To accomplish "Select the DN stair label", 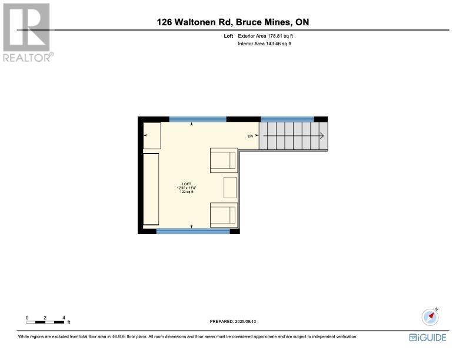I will (250, 136).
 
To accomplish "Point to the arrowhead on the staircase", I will (322, 136).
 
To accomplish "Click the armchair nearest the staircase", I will (224, 160).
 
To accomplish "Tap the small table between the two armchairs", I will (229, 187).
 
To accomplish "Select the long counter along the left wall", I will (151, 189).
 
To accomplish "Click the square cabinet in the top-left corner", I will (152, 135).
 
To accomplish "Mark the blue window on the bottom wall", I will (192, 232).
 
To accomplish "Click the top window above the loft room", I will (198, 119).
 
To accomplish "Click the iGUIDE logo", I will (428, 337).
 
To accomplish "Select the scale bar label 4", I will (64, 317).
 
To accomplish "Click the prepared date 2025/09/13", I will (248, 321).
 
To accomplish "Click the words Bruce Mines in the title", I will (262, 22).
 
